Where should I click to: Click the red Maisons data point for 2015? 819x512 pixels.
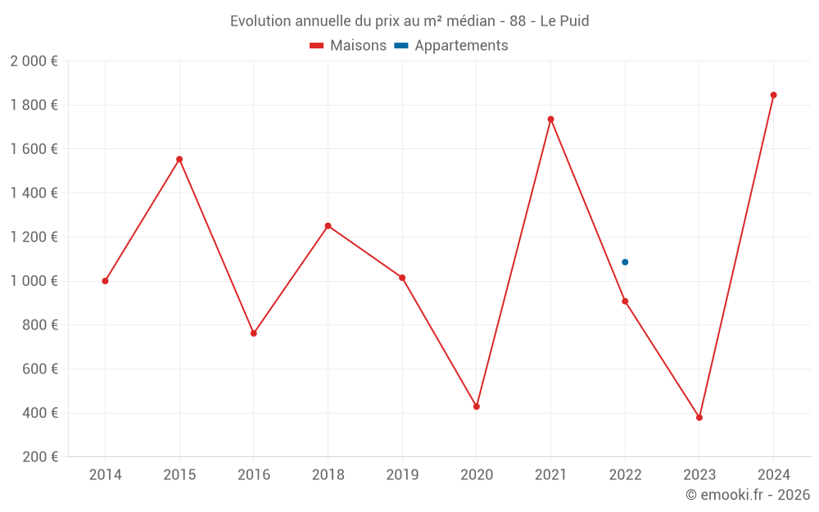(179, 159)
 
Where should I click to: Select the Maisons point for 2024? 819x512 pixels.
(773, 95)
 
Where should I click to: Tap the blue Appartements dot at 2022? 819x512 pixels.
(625, 262)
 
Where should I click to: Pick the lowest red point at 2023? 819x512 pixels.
(699, 418)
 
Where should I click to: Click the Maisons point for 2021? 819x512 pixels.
(550, 119)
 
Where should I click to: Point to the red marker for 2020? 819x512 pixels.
(477, 406)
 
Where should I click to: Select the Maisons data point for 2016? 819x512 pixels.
(254, 333)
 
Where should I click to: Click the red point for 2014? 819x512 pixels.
(105, 281)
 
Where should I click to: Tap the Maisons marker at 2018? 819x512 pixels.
(328, 226)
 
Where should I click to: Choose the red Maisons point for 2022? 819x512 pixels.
(625, 301)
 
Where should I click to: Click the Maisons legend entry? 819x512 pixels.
(348, 46)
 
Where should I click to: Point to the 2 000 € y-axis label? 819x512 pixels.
(34, 61)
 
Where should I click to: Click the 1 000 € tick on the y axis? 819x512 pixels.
(34, 281)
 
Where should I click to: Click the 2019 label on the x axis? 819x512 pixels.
(402, 475)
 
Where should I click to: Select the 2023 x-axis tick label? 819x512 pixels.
(699, 475)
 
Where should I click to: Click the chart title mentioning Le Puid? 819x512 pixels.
(409, 21)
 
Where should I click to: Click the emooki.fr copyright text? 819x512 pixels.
(747, 495)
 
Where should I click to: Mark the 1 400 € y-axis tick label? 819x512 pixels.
(34, 193)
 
